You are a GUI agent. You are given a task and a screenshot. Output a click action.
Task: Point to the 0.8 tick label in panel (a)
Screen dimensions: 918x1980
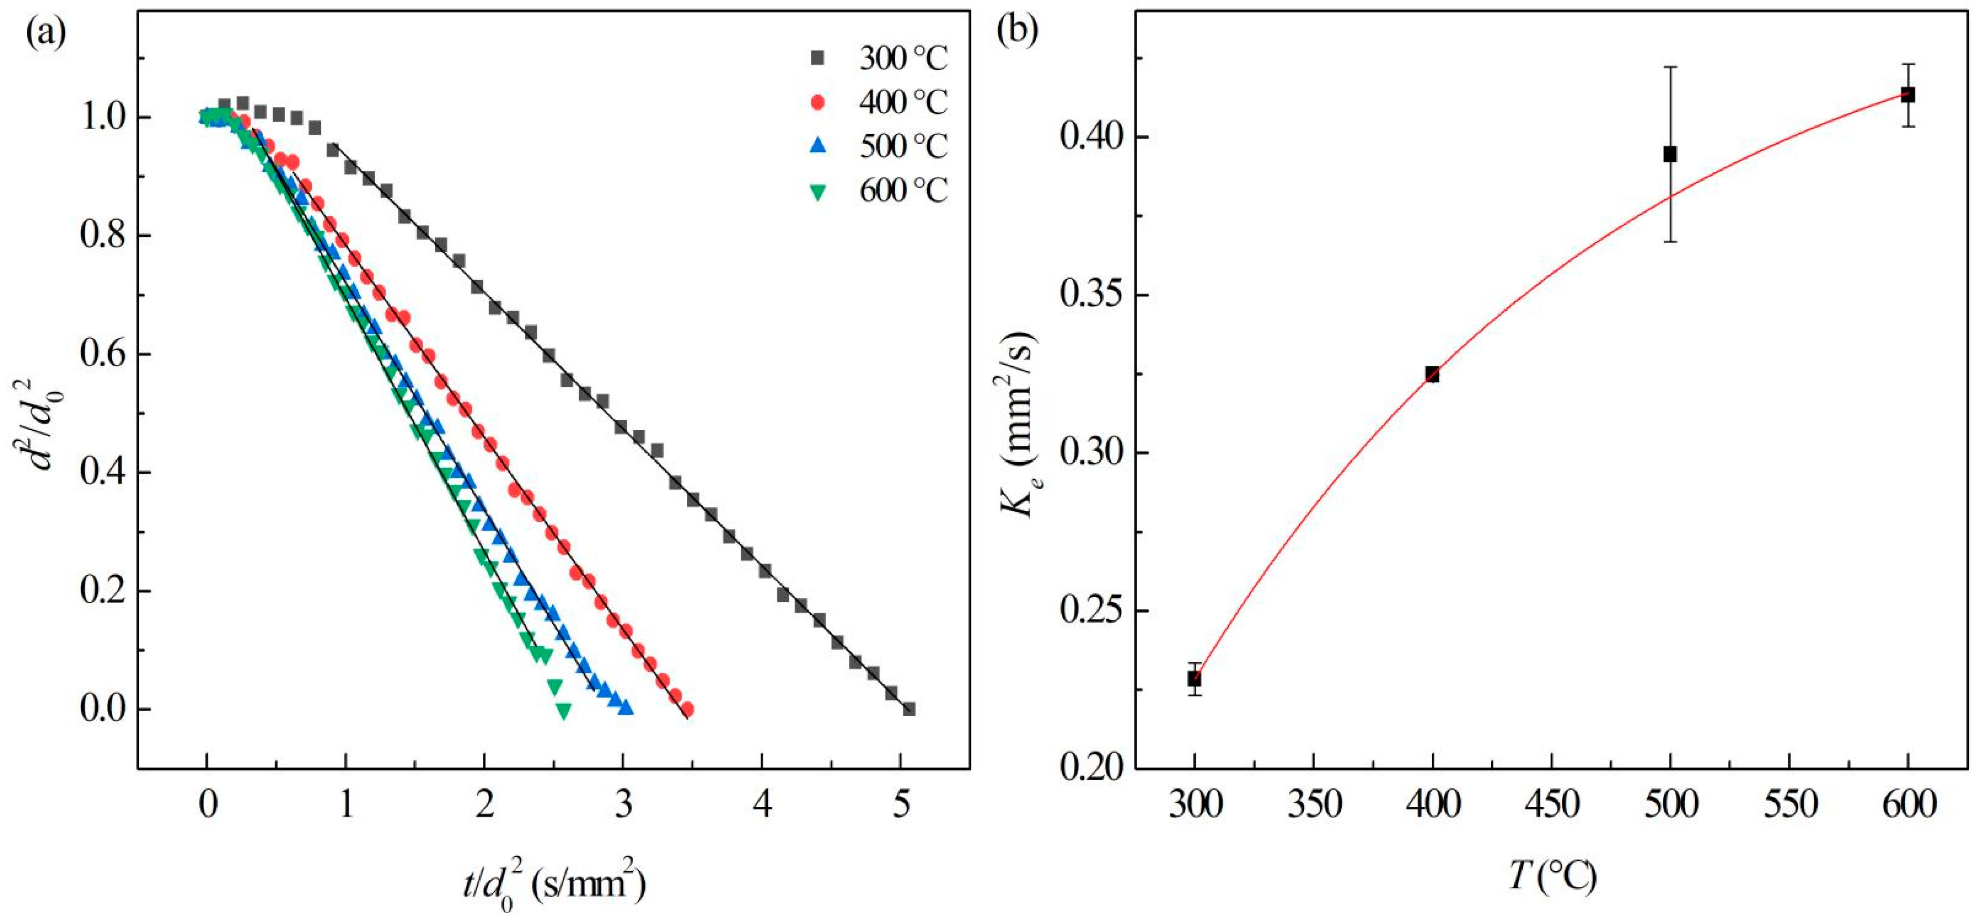(104, 236)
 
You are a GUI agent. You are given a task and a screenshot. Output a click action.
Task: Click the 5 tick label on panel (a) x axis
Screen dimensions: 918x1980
(901, 807)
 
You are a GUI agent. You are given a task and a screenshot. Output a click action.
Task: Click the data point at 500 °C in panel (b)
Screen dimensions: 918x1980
(1670, 155)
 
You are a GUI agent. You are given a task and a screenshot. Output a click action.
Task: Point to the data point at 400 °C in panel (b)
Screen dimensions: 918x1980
(1432, 374)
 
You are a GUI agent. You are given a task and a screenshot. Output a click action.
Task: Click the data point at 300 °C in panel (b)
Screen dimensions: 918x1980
(1194, 678)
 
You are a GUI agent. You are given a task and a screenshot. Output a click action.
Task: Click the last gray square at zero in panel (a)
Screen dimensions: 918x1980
(909, 708)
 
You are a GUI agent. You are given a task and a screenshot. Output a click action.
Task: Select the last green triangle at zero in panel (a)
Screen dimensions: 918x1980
(564, 711)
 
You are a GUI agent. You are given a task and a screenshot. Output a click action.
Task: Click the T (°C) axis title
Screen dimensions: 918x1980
(1552, 875)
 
